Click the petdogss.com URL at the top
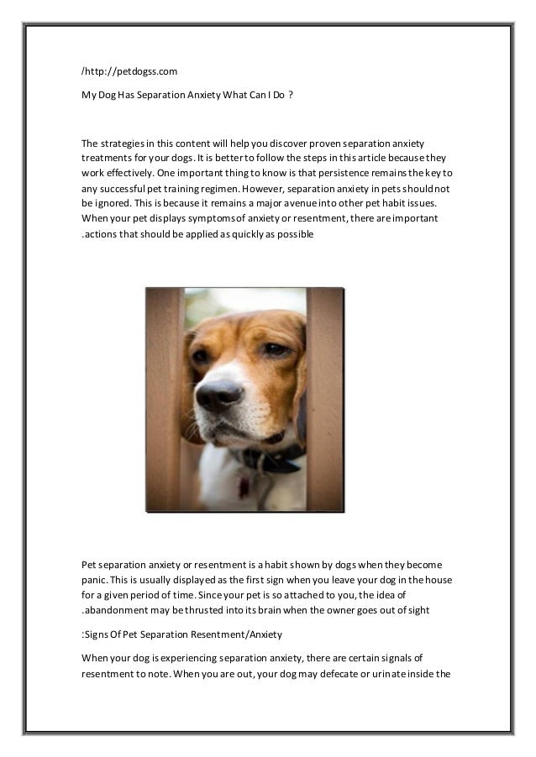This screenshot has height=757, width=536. tap(129, 71)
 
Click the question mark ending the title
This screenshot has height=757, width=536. tap(290, 95)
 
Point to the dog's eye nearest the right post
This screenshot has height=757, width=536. tap(275, 349)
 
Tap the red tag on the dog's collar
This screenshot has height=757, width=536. tap(244, 484)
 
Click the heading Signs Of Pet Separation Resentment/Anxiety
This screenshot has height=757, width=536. tap(181, 634)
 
